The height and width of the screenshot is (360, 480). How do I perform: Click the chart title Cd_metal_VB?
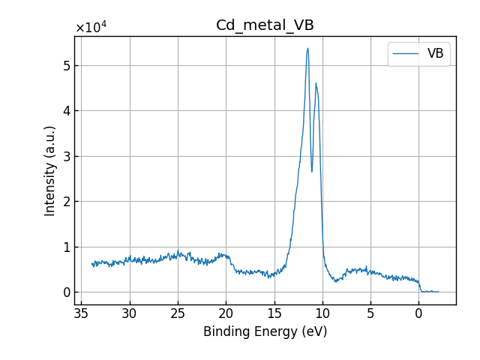pos(265,25)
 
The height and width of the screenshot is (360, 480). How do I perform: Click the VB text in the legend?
pos(435,54)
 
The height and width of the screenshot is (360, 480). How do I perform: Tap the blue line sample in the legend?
pos(406,54)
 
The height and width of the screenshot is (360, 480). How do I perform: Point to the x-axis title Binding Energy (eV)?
pos(265,331)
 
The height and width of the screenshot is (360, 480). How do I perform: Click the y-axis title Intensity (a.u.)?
pos(50,170)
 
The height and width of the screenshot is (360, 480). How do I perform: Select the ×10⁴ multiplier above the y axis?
pos(91,28)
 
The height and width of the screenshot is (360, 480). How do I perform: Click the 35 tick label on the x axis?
pos(82,313)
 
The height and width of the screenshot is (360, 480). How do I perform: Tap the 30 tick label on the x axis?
pos(130,313)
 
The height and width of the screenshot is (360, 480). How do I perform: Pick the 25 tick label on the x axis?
pos(178,313)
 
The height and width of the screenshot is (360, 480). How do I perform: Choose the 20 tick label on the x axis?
pos(226,313)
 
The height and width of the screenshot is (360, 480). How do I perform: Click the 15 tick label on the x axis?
pos(274,313)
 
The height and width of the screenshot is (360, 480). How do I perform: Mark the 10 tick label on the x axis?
pos(322,313)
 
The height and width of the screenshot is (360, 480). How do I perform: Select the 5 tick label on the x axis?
pos(370,313)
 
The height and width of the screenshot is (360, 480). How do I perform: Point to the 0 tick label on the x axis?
pos(418,313)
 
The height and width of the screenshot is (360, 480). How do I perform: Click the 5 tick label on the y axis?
pos(67,65)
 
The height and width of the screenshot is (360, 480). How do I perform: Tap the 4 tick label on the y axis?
pos(67,111)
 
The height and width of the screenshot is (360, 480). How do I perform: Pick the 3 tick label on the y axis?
pos(67,156)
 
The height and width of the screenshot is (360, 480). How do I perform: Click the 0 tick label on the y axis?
pos(67,292)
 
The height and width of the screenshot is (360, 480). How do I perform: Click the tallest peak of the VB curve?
pos(307,49)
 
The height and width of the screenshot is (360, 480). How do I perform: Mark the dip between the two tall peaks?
pos(312,172)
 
